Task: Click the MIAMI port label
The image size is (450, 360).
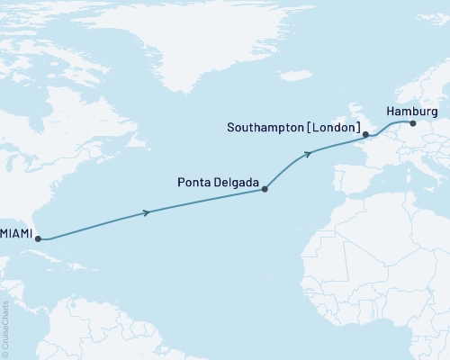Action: click(16, 233)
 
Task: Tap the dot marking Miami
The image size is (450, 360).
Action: click(37, 238)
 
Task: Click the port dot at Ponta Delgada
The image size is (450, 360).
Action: click(264, 189)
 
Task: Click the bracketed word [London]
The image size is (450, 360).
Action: click(334, 128)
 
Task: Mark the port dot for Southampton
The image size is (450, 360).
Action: click(365, 136)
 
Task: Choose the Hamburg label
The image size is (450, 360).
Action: click(411, 111)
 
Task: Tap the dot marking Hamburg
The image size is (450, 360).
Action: click(411, 123)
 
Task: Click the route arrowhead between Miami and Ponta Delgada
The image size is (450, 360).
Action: click(147, 212)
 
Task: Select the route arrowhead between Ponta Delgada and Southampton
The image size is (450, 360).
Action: click(309, 153)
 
